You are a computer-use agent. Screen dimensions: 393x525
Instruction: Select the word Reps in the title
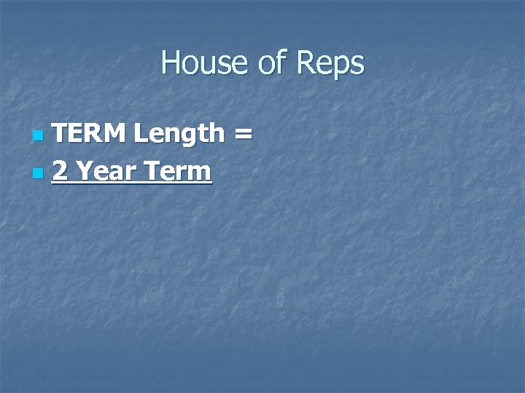330,64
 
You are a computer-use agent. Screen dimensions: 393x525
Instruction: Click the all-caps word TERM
89,133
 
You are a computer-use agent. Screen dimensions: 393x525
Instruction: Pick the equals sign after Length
243,135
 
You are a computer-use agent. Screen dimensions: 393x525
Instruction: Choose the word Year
104,172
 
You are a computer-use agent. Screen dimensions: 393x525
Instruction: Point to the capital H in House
170,63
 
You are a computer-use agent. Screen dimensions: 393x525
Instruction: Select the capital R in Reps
306,63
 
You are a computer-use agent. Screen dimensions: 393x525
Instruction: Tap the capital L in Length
139,133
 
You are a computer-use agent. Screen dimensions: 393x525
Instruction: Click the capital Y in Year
84,172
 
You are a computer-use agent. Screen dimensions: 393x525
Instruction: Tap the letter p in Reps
340,66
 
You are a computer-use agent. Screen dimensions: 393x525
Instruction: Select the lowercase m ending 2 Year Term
201,174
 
